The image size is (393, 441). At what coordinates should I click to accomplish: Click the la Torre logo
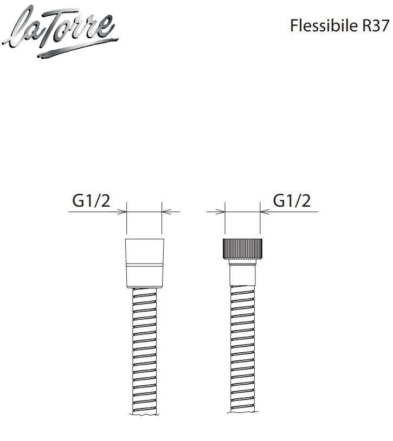[x=60, y=31]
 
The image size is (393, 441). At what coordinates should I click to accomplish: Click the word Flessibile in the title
[x=324, y=25]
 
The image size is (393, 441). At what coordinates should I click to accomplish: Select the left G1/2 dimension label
[x=91, y=201]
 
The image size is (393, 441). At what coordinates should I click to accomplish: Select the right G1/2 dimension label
[x=292, y=201]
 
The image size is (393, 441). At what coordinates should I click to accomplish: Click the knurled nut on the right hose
[x=242, y=248]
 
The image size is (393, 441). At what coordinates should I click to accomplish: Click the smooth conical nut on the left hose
[x=145, y=264]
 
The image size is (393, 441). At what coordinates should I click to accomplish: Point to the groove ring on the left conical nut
[x=145, y=265]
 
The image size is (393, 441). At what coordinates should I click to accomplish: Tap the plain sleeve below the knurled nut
[x=242, y=273]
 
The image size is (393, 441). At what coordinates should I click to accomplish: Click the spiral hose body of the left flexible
[x=144, y=350]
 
